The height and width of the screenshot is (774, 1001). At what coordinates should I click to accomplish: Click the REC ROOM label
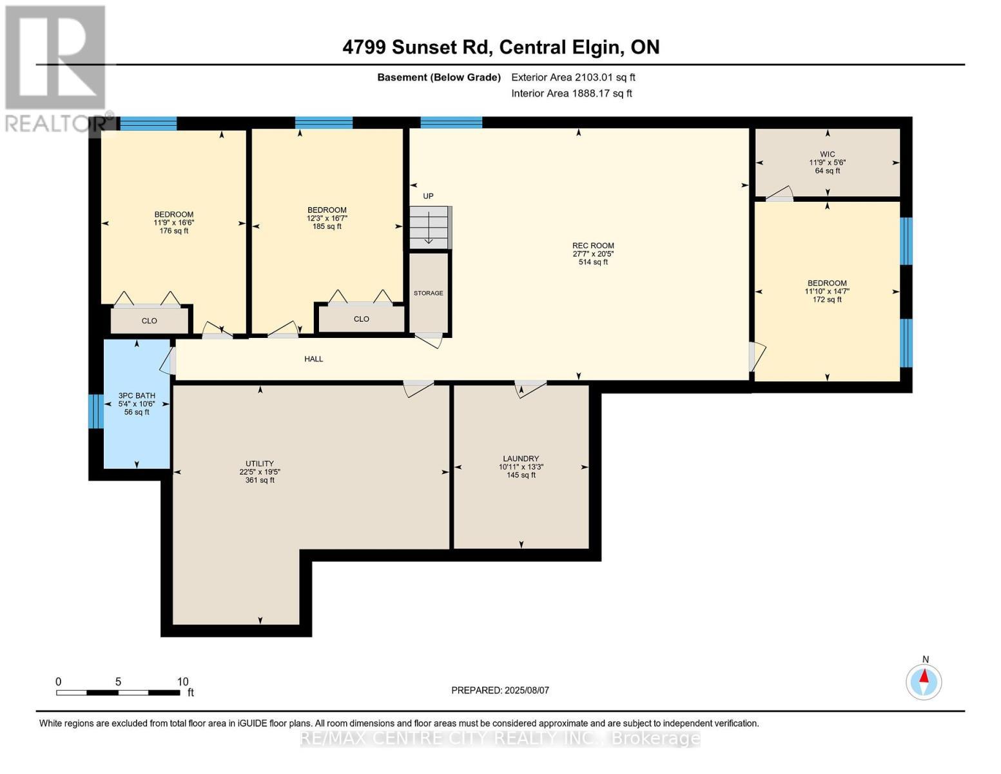tap(593, 246)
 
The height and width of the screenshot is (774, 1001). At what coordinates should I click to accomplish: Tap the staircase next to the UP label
tap(431, 228)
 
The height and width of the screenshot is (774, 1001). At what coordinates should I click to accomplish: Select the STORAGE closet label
tap(428, 293)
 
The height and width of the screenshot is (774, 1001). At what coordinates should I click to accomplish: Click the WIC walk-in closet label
tap(828, 154)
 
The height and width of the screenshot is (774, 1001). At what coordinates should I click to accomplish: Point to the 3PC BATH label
tap(137, 395)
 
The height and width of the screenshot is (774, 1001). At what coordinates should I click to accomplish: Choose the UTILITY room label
tap(260, 463)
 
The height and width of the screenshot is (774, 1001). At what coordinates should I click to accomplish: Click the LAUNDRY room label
tap(521, 458)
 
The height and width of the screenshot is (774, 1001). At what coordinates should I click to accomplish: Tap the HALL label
tap(314, 359)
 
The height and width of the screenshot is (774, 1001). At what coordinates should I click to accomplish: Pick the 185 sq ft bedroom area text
tap(327, 226)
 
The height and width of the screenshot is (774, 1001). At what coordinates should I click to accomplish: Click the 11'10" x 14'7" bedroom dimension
tap(827, 292)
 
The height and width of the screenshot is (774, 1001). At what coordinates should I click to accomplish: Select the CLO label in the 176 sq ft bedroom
tap(150, 321)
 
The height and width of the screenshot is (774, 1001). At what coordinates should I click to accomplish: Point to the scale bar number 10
tap(183, 681)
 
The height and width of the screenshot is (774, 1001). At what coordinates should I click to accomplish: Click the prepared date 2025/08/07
tap(527, 690)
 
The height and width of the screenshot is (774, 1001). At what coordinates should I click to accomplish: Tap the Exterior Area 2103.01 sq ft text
tap(573, 77)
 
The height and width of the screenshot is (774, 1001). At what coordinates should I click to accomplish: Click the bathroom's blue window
tap(96, 412)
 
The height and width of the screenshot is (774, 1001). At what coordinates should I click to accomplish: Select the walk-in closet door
tap(779, 193)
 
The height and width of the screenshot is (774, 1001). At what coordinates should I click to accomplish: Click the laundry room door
tap(530, 388)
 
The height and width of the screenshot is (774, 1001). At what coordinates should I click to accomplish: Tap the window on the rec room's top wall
tap(451, 122)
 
